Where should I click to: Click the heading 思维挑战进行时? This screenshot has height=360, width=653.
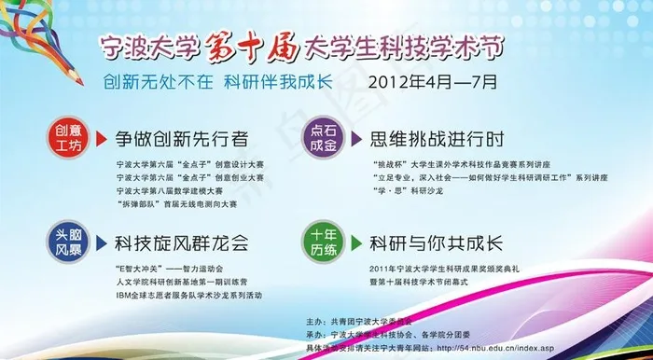coord(438,140)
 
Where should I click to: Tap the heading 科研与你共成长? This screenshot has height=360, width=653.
coord(438,244)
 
